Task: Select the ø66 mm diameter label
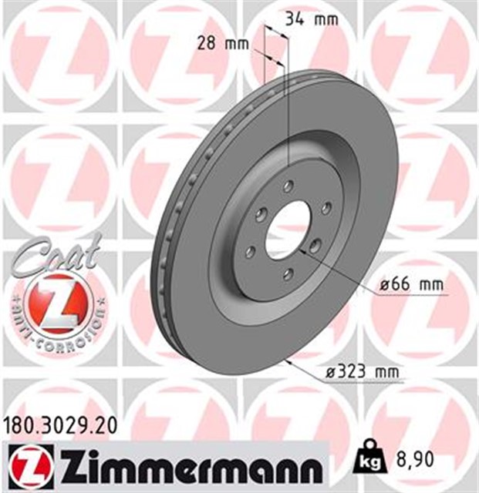tap(411, 286)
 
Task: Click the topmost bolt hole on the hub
tap(288, 186)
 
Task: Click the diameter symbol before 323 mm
tap(330, 374)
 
